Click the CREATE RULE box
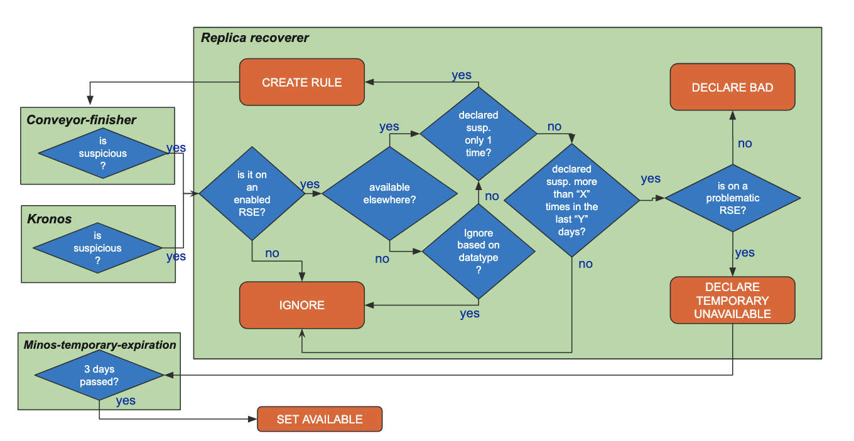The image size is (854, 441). (x=301, y=82)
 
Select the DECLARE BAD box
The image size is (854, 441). (x=732, y=87)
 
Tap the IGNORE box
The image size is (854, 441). (x=301, y=305)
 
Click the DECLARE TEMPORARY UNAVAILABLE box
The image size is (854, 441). (x=732, y=300)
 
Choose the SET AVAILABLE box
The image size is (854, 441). (x=319, y=419)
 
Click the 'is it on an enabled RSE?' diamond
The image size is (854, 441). (x=252, y=193)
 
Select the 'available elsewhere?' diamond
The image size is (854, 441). (x=389, y=193)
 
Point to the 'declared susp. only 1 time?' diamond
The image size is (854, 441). (x=478, y=133)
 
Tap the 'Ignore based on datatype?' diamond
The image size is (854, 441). (x=478, y=251)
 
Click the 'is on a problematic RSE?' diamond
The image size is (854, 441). (x=732, y=198)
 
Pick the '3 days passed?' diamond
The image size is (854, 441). (x=99, y=375)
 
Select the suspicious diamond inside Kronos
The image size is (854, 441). (x=97, y=248)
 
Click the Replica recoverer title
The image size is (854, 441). (x=255, y=38)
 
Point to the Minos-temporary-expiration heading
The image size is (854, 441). (x=100, y=344)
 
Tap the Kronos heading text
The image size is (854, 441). (x=50, y=220)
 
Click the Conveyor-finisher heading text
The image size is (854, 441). (x=81, y=120)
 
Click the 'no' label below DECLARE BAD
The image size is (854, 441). (x=745, y=144)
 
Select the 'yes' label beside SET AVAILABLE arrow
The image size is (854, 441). (x=126, y=401)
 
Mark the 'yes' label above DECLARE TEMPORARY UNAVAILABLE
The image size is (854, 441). (x=745, y=253)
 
